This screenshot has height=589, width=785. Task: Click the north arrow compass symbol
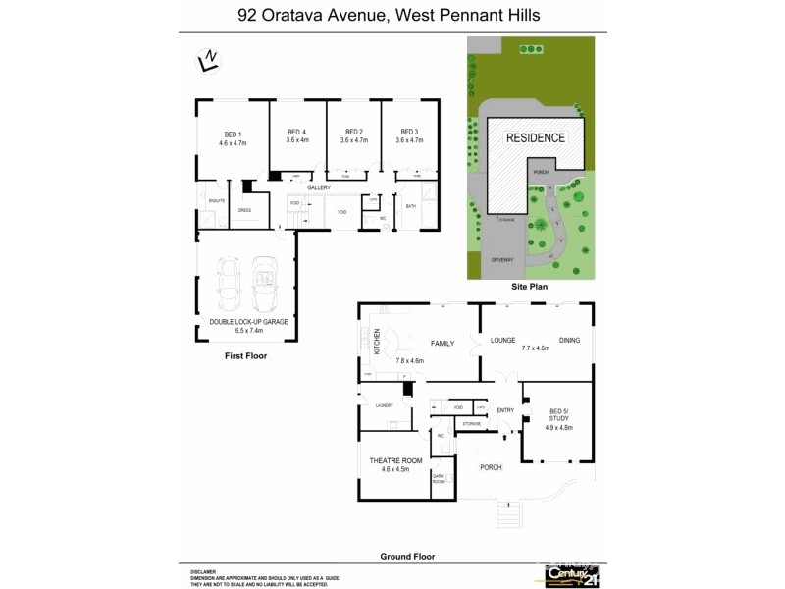(207, 60)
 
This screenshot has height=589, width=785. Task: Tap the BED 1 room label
(233, 134)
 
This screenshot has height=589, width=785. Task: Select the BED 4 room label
(297, 132)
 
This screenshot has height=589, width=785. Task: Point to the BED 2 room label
(353, 132)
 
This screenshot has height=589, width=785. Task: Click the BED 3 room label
(408, 132)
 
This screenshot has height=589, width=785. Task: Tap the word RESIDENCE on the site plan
(535, 137)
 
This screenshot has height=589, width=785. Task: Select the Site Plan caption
(529, 287)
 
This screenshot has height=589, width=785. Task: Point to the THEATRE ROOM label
(394, 461)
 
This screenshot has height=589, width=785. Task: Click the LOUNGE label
(503, 341)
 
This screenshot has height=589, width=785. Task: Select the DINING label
(569, 341)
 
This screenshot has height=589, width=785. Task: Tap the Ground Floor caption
(406, 556)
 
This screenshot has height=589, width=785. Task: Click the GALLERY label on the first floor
(319, 187)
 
